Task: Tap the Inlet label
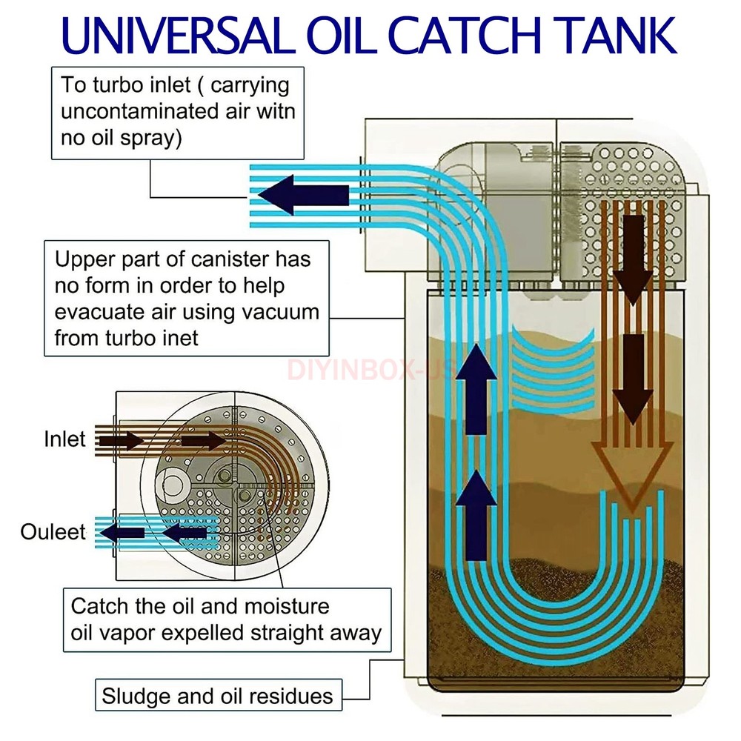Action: point(64,439)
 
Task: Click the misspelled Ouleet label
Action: point(53,531)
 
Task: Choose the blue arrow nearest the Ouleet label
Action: point(121,532)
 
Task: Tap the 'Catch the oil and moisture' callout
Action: point(226,619)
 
